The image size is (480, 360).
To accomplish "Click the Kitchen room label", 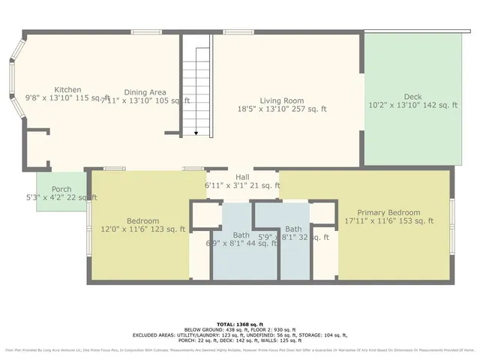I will (63, 89).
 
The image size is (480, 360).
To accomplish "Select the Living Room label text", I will (281, 100).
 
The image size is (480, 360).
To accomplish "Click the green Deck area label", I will (412, 97).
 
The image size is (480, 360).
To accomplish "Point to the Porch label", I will (61, 188).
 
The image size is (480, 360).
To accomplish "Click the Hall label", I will (242, 176).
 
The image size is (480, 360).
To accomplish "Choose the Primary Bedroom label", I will (388, 212).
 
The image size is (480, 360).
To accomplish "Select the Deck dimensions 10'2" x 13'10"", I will (412, 106).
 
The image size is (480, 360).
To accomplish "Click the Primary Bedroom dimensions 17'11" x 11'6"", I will (388, 221).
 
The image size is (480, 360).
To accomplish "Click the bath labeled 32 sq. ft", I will (293, 229).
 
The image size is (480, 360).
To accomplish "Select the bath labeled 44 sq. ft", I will (241, 235).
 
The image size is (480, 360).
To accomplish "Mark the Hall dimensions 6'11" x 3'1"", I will (242, 185).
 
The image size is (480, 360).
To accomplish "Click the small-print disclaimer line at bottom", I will (240, 350).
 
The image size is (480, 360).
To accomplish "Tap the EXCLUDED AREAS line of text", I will (240, 334).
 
